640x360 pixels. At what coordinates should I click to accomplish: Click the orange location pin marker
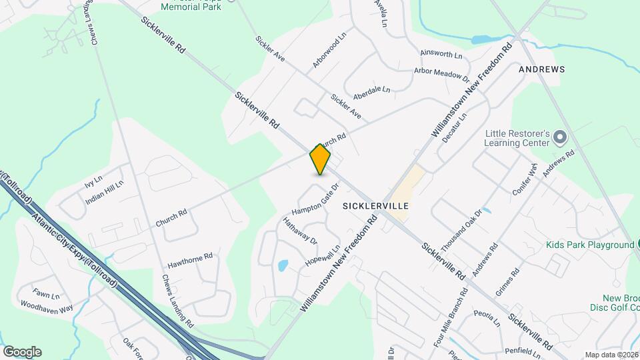321,159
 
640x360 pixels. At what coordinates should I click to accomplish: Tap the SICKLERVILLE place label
375,206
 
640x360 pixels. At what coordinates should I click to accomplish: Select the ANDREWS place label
542,69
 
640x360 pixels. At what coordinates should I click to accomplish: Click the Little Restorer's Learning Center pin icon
560,138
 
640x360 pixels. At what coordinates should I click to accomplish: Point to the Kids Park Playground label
590,245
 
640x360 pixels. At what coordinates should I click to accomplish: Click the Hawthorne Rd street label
190,256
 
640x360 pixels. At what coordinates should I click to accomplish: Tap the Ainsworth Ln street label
441,53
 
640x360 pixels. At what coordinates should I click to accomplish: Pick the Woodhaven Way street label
47,307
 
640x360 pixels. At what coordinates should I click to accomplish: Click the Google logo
22,351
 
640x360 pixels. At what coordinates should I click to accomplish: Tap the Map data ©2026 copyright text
611,355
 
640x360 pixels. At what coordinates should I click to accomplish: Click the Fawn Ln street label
46,294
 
